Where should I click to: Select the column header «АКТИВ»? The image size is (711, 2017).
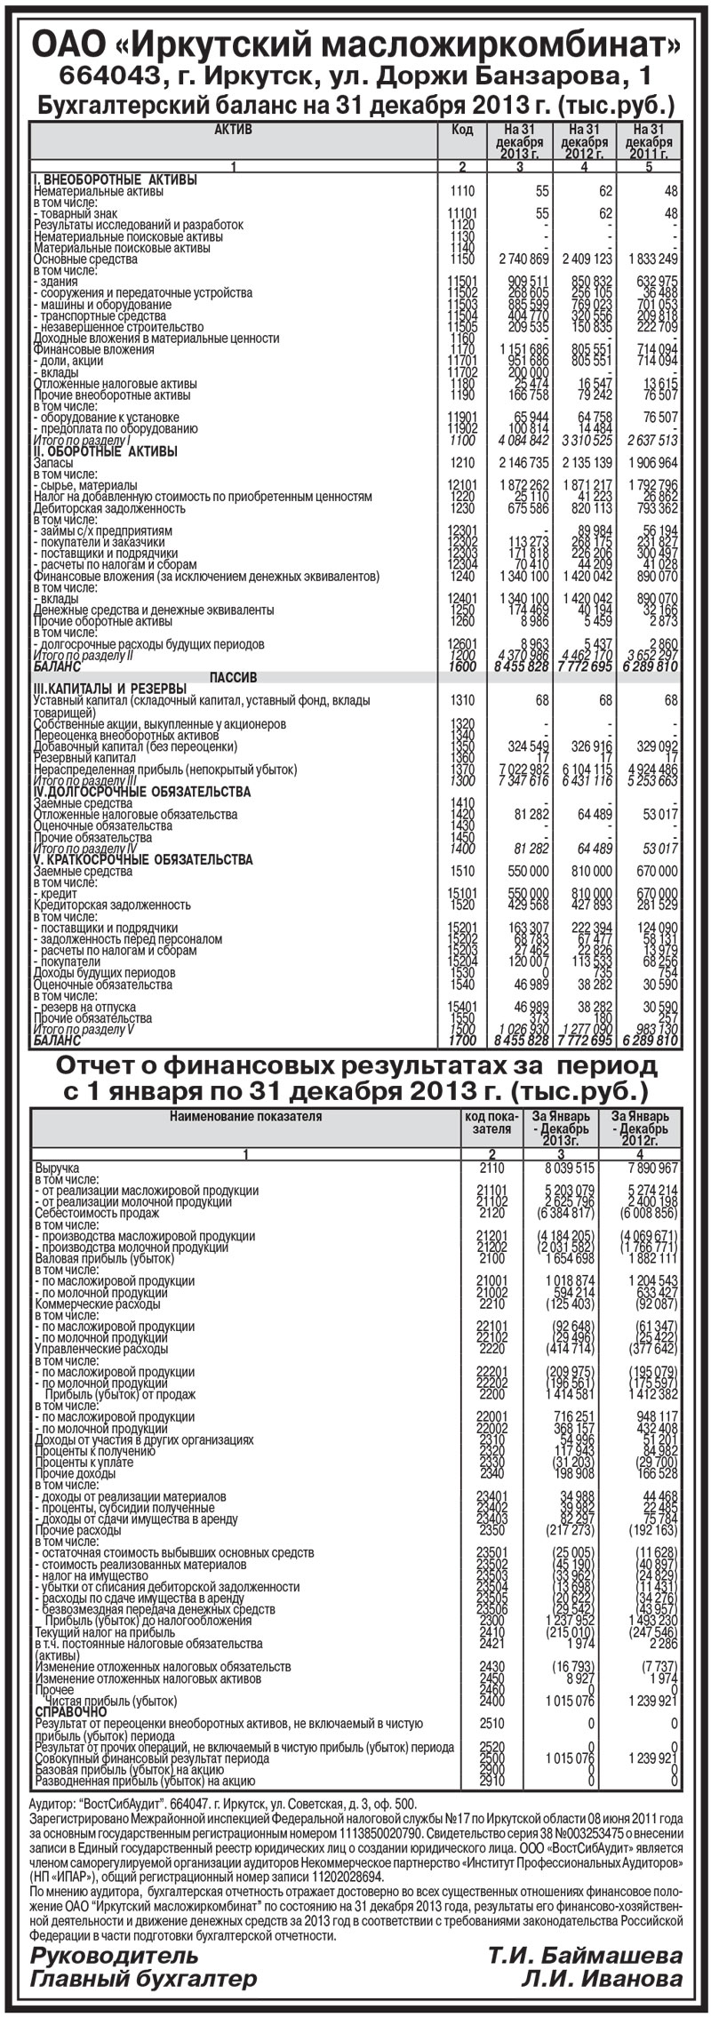[234, 130]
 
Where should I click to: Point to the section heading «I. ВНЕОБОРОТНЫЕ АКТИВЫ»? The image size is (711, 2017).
[115, 179]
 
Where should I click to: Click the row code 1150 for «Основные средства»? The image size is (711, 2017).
[462, 259]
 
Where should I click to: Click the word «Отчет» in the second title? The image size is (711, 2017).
[115, 1065]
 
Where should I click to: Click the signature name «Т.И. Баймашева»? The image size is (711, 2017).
[584, 1955]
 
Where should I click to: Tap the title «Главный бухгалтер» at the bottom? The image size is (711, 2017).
[143, 1978]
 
